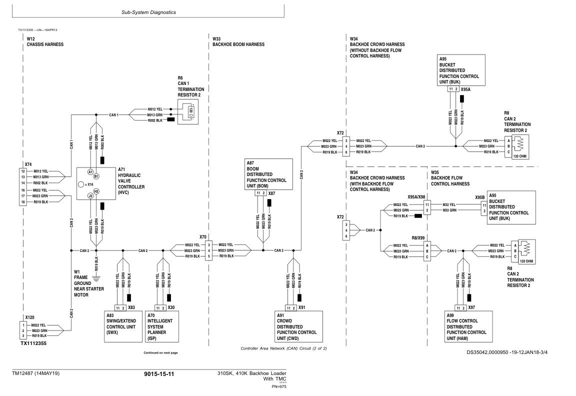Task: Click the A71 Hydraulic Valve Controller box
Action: (x=96, y=183)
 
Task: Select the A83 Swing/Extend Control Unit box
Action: (x=123, y=326)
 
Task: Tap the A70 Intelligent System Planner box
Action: (x=162, y=326)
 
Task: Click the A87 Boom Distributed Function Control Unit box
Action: (x=268, y=174)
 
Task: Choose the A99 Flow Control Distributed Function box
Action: (x=468, y=326)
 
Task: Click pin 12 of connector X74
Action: (x=23, y=171)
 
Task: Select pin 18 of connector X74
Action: (x=23, y=202)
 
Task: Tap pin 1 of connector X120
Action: (x=23, y=325)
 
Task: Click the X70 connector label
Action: (x=203, y=237)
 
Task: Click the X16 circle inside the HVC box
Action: (x=81, y=184)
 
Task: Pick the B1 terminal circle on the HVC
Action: (x=96, y=176)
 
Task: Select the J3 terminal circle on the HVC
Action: (x=90, y=196)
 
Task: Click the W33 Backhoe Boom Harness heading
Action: (x=238, y=41)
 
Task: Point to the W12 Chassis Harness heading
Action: (x=45, y=41)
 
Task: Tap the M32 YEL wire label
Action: (x=449, y=204)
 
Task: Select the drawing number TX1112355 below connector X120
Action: (x=33, y=343)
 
